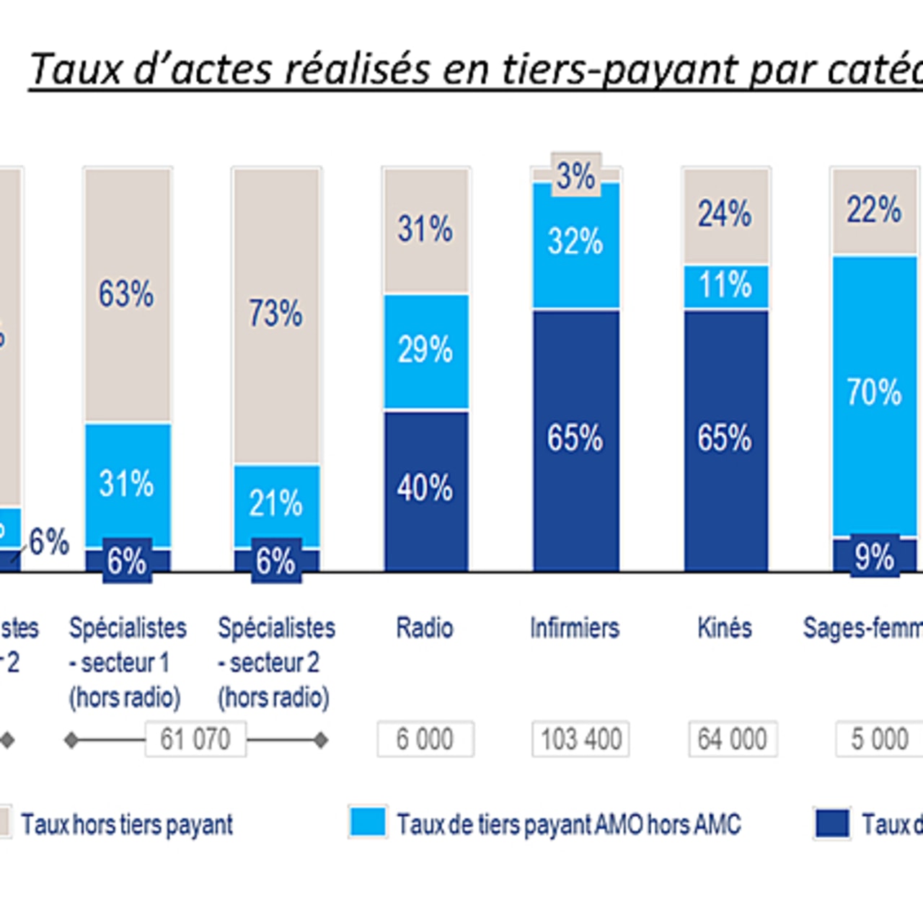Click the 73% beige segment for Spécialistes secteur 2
coord(275,314)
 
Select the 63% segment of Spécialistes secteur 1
coord(127,295)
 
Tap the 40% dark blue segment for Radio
coord(425,489)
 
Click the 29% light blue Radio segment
coord(425,350)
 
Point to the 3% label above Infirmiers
coord(575,175)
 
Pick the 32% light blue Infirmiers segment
coord(575,242)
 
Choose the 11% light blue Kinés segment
coord(725,286)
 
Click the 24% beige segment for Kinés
coord(725,215)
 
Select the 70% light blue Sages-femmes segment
coord(874,393)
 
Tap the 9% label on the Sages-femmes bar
coord(874,557)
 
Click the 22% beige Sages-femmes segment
coord(874,211)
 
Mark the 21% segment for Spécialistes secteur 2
coord(275,504)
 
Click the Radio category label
coord(425,628)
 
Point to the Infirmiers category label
coord(575,628)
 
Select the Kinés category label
coord(725,628)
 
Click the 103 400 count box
coord(580,739)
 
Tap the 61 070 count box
coord(195,739)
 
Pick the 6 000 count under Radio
coord(425,739)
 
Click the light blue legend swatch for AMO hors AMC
coord(368,823)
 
